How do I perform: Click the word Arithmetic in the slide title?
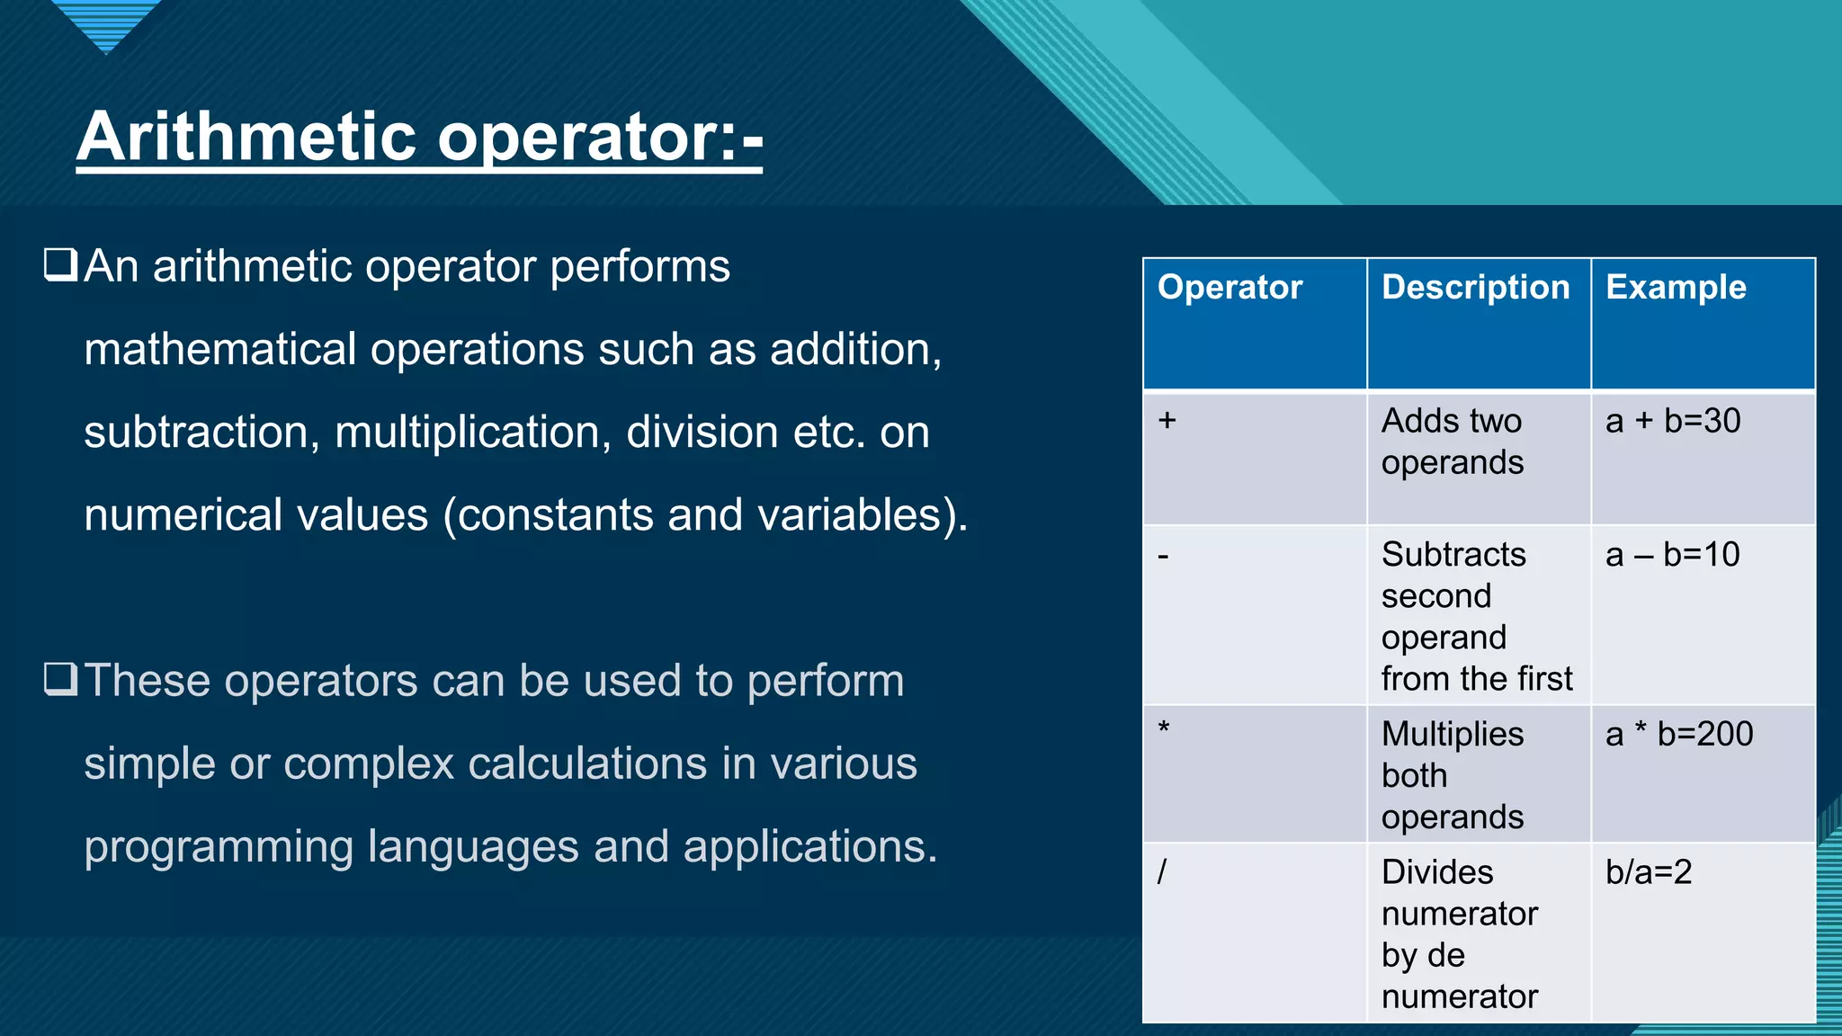click(247, 137)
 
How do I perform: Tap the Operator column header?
click(1229, 287)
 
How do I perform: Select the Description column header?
click(1475, 287)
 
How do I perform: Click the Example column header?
click(1676, 287)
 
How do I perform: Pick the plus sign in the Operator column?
click(1167, 420)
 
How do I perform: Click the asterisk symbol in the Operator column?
click(1164, 728)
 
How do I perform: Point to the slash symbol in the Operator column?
click(1162, 871)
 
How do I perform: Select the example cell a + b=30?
click(1673, 421)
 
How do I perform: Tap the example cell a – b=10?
click(1672, 555)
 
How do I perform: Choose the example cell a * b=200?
click(1678, 734)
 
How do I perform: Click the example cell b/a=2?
click(1649, 871)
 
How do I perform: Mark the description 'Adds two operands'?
click(1452, 442)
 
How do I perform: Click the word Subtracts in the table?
click(1453, 555)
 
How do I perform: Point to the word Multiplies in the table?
click(1453, 734)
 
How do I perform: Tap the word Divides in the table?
click(1437, 871)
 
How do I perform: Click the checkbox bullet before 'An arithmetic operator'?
click(60, 265)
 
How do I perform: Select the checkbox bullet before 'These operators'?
click(60, 679)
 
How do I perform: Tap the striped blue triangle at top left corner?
click(106, 22)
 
